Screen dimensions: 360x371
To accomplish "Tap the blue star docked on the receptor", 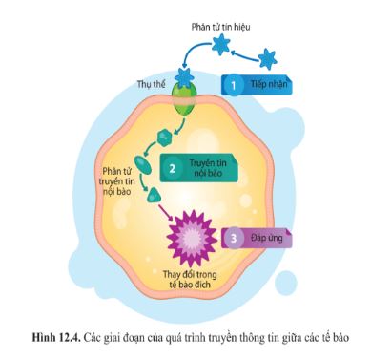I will (185, 75).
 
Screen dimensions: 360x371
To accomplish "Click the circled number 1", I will (235, 85).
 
